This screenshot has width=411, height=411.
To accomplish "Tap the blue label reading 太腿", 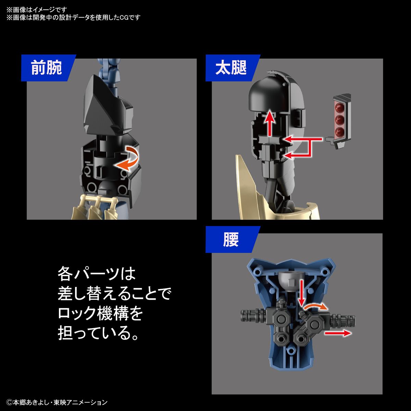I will pos(231,68).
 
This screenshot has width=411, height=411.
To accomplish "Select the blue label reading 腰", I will pos(231,239).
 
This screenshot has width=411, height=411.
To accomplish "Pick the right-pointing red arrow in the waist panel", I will pos(337,333).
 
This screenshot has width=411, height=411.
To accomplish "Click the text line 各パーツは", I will pos(97,274).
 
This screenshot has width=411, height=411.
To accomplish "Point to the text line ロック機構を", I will pos(100,313).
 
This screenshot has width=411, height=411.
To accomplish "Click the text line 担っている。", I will pos(99,333).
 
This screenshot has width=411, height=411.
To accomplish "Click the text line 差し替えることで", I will pos(114,294).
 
